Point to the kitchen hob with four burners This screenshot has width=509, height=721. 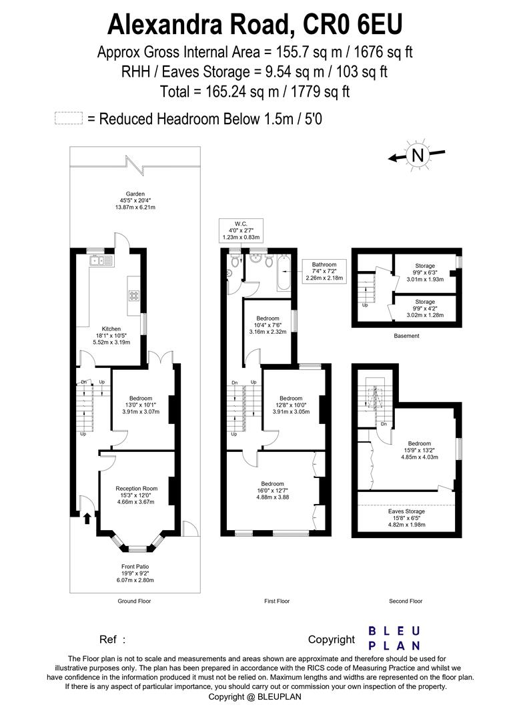(133, 294)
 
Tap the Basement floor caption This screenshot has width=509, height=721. (406, 336)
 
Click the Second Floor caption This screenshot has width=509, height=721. (406, 601)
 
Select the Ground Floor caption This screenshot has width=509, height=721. (134, 601)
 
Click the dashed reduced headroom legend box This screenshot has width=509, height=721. (68, 119)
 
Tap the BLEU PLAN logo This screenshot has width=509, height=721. (394, 638)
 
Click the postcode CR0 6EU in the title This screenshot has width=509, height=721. (346, 25)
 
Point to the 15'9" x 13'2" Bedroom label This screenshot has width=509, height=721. (420, 451)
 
